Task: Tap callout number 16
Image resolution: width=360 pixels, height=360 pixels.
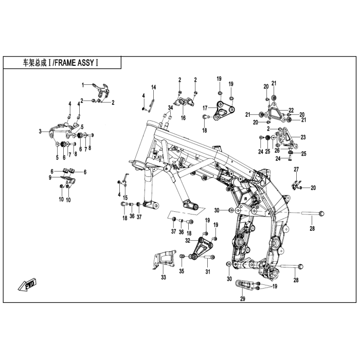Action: (183, 118)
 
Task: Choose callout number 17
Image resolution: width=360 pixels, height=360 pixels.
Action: (205, 108)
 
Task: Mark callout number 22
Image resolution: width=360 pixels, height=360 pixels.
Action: (291, 110)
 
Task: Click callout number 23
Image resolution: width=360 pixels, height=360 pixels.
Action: (303, 137)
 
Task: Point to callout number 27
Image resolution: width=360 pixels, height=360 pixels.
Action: (296, 169)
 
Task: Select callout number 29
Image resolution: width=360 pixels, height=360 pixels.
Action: (242, 299)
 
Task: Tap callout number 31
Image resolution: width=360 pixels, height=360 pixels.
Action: (208, 272)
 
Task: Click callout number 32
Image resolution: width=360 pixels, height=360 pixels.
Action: (188, 240)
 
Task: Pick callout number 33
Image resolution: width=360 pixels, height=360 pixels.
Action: (163, 277)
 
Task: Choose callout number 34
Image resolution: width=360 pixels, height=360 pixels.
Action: (170, 107)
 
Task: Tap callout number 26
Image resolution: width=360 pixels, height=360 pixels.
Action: (277, 150)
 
